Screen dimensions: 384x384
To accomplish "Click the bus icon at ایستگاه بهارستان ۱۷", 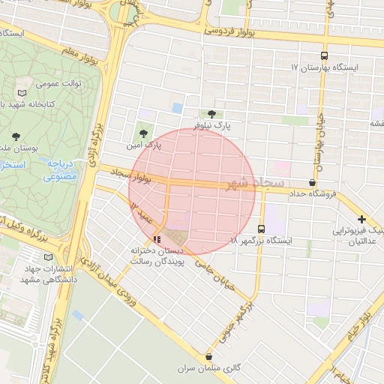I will coord(324,55).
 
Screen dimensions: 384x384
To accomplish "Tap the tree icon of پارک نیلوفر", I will coord(214,115).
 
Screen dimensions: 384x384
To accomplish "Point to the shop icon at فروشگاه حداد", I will coord(312,183).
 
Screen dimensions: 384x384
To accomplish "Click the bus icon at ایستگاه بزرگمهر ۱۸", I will coord(261,229).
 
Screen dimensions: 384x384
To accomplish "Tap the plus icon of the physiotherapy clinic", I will coord(361,218).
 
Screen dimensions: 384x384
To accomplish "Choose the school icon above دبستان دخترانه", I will coord(156,240).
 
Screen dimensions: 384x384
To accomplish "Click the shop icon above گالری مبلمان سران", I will coord(208,356).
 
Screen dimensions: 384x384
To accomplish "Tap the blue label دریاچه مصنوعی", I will coord(58,171).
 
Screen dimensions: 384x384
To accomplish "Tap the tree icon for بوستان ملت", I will coord(16,136).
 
